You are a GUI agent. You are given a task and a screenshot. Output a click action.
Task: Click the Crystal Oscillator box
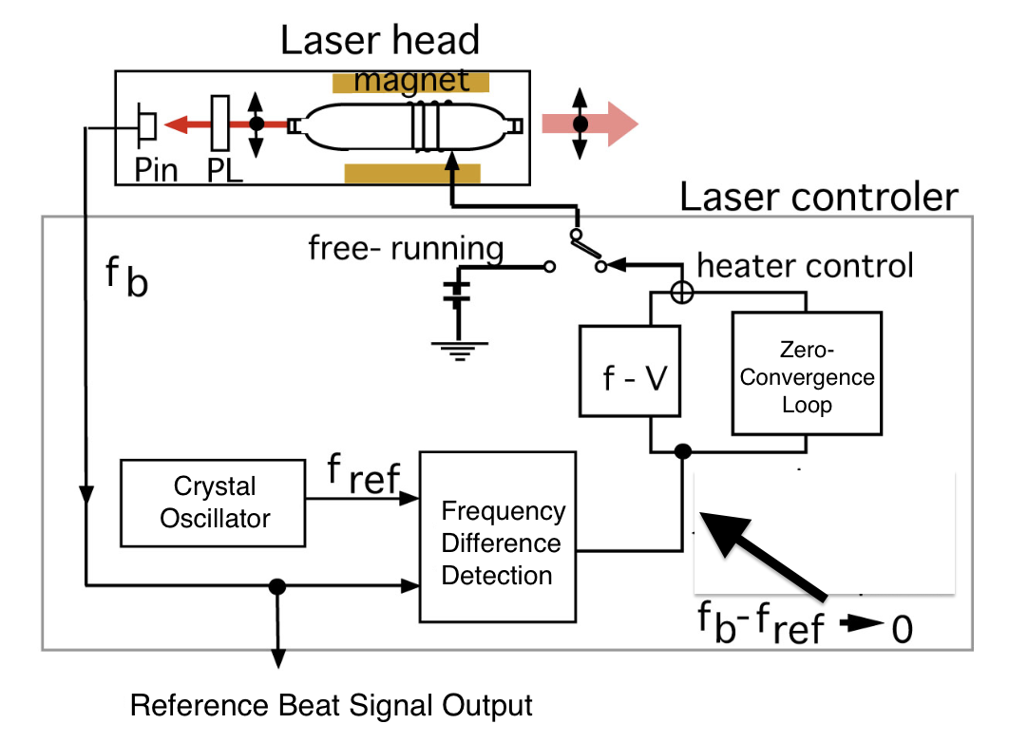215,503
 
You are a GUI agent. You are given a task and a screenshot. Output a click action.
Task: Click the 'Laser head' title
379,41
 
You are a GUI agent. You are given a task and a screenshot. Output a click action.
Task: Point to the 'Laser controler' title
819,197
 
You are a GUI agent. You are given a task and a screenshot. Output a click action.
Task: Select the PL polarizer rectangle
220,124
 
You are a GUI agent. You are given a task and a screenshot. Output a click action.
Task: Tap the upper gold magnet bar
410,83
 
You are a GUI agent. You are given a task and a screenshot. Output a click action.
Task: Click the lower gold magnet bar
411,173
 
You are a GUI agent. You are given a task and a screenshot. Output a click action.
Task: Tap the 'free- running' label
406,249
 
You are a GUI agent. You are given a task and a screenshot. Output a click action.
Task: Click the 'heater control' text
805,265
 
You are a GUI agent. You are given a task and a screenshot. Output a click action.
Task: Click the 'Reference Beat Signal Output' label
332,706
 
